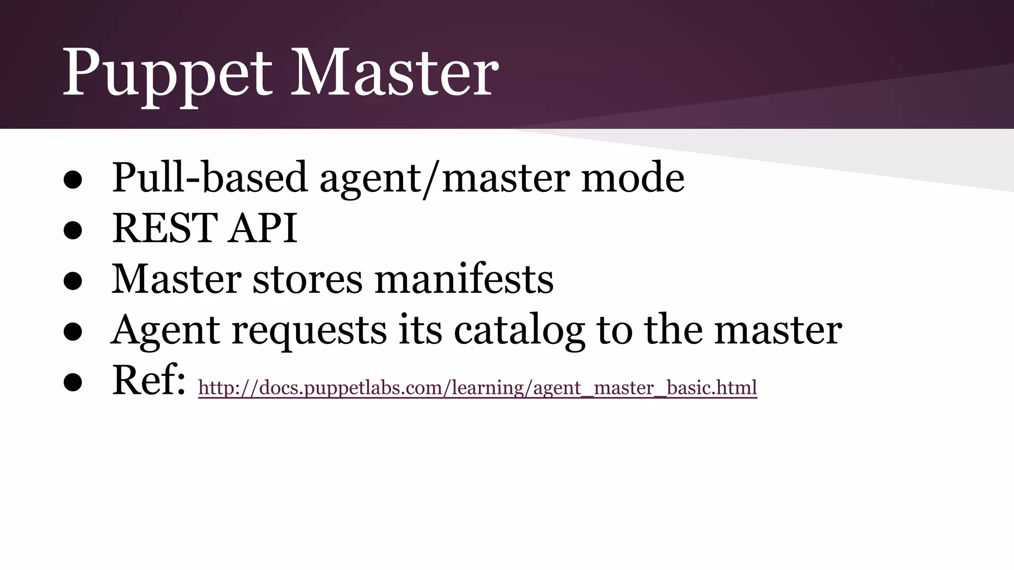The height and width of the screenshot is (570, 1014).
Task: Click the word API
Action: pos(262,228)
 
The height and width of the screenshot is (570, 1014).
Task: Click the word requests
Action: pos(309,331)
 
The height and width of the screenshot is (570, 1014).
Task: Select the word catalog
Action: pos(519,331)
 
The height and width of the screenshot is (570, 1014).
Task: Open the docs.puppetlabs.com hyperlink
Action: pos(477,387)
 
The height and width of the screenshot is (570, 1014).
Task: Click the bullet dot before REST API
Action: pos(73,231)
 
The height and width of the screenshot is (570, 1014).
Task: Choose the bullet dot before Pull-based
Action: pos(73,180)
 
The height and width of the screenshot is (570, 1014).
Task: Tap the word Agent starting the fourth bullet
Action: pos(165,331)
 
